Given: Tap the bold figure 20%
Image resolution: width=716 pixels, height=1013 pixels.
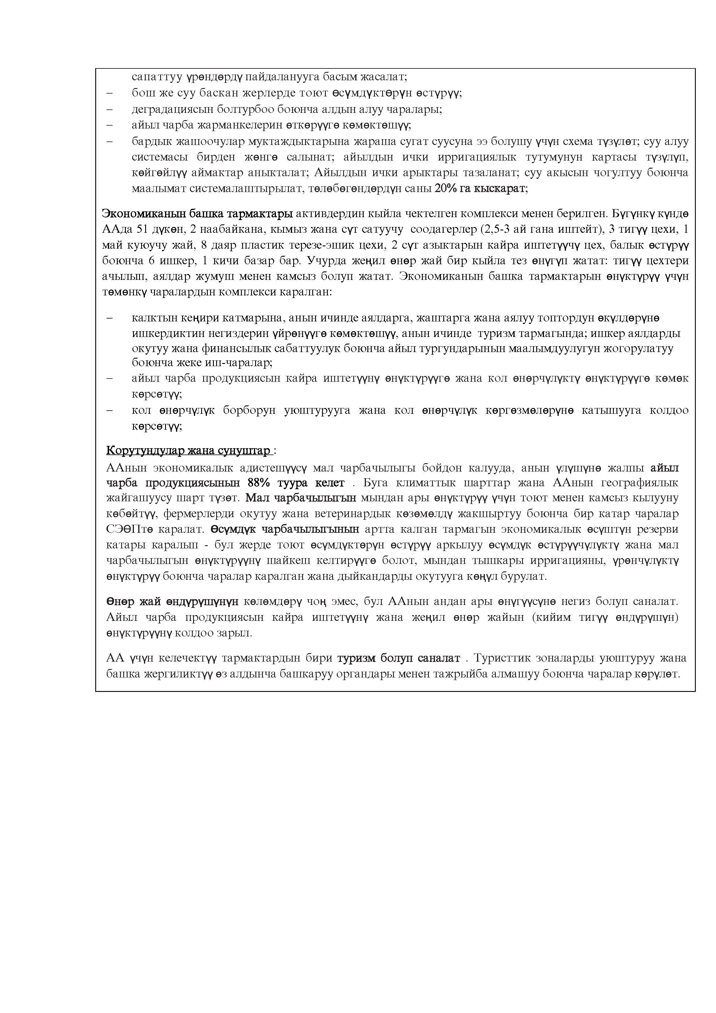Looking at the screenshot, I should coord(445,188).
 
